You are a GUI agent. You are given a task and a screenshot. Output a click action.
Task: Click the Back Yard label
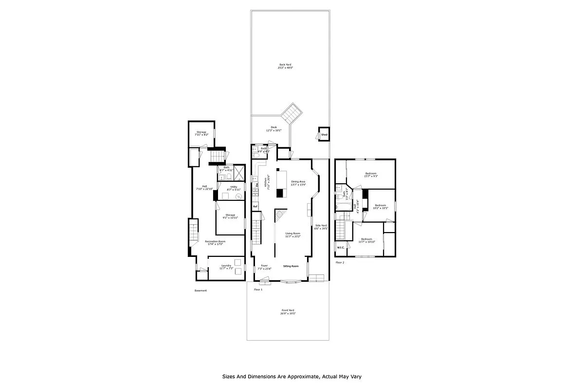click(x=286, y=66)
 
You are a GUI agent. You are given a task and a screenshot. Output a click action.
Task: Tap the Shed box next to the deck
click(x=324, y=135)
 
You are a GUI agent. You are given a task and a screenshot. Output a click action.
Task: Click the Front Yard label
click(x=288, y=312)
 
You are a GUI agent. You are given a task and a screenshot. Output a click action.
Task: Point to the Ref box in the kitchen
click(x=255, y=207)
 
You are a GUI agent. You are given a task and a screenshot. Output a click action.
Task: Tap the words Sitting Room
click(x=291, y=266)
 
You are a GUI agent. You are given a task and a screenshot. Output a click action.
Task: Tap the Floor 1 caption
click(x=258, y=290)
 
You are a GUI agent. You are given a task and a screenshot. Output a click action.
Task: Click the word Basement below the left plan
click(x=201, y=291)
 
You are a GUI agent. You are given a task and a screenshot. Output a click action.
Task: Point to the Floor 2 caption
click(x=340, y=262)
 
